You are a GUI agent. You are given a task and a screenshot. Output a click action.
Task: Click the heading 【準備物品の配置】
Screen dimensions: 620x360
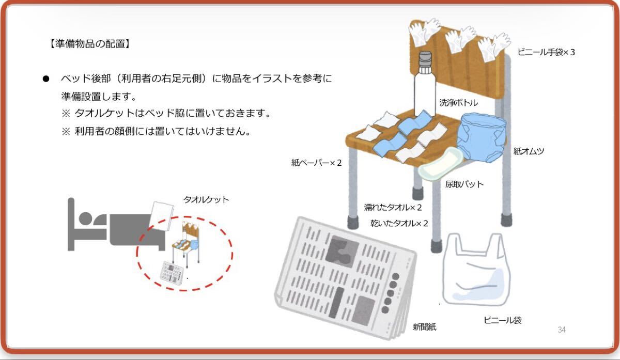[x=90, y=44]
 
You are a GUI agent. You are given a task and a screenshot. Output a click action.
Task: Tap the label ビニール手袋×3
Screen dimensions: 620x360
[x=546, y=52]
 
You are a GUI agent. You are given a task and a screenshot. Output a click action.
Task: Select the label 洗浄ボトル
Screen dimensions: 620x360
[x=458, y=103]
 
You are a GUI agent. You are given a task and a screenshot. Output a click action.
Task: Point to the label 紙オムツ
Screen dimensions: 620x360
[x=529, y=151]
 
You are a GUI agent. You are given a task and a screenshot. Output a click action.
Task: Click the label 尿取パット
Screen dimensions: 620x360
[x=464, y=184]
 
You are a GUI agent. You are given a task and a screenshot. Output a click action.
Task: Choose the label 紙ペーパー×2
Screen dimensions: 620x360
[x=316, y=163]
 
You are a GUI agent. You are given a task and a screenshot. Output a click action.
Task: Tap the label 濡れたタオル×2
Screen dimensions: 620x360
[x=393, y=207]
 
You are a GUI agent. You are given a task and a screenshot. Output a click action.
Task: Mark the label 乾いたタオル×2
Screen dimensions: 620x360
[x=399, y=223]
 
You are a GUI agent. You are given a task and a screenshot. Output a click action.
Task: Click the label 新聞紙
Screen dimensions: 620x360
[x=425, y=327]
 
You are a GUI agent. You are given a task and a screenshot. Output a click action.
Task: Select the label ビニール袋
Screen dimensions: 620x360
[x=502, y=320]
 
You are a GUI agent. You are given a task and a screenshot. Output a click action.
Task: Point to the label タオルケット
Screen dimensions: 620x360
[x=206, y=199]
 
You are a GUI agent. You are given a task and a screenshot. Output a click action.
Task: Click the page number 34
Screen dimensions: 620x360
[x=562, y=330]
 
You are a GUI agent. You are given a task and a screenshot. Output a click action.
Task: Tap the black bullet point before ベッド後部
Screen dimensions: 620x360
[x=46, y=79]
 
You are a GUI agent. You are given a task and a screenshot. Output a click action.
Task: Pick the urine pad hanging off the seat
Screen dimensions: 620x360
[x=439, y=164]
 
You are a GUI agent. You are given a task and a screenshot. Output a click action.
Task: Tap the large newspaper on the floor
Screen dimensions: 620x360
[x=345, y=278]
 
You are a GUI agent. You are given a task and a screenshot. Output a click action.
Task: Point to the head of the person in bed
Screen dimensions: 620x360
[x=85, y=218]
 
